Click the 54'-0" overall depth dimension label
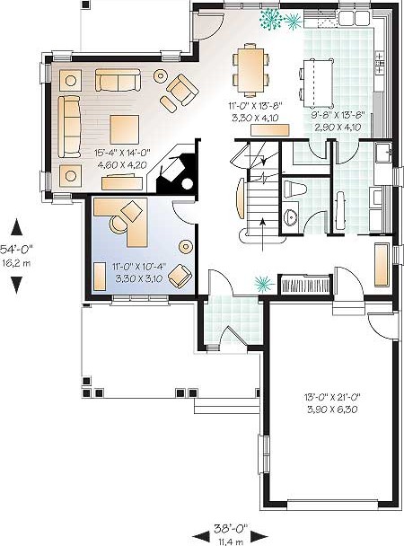pos(16,249)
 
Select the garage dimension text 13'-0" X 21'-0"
pos(332,397)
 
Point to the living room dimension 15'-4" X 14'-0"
pos(122,152)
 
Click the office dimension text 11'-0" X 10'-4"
pos(139,267)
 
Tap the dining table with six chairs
pos(250,69)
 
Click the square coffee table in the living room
pos(125,129)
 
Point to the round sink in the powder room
pos(291,218)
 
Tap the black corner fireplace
pos(178,167)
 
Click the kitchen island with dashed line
pos(318,83)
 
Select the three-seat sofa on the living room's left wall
pos(69,127)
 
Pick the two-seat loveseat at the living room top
pos(118,80)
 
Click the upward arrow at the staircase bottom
pos(262,234)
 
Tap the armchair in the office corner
pos(180,276)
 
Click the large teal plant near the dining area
pos(269,17)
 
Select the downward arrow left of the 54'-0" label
pos(16,286)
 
